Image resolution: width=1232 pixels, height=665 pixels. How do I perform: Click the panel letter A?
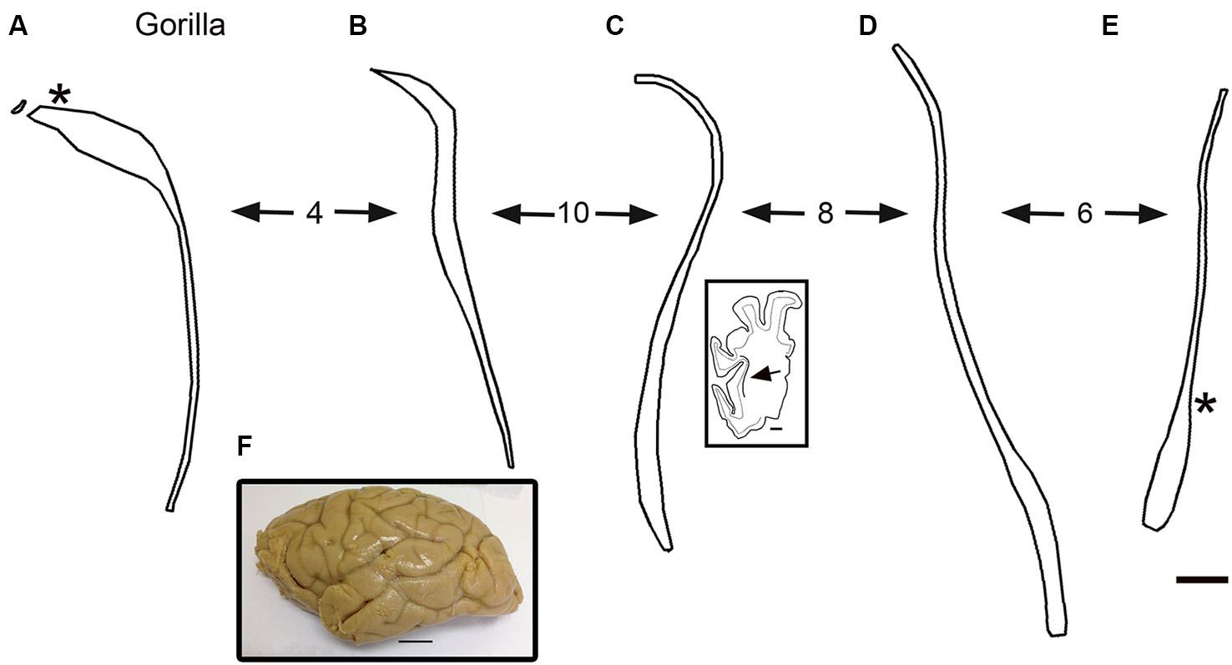pos(18,27)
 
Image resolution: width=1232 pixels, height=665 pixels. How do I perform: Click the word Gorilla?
pos(180,27)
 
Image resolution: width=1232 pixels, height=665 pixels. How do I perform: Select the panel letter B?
pos(358,27)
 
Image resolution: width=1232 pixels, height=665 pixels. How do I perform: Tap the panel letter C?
pos(614,27)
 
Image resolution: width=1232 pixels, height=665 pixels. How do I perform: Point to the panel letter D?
pos(868,27)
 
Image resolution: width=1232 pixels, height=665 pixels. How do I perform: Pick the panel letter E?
pos(1110,27)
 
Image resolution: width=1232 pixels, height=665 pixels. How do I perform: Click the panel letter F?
pos(244,448)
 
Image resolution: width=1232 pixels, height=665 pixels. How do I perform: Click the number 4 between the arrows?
pos(314,214)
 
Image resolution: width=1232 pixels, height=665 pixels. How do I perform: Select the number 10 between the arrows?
pos(574,214)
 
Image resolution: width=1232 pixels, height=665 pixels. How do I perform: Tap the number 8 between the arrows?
pos(825,214)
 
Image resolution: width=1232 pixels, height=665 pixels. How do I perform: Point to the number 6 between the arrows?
pos(1084,214)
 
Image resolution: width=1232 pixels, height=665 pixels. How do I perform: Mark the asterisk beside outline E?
pos(1204,407)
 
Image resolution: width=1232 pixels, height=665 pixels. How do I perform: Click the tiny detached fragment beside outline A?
pos(18,108)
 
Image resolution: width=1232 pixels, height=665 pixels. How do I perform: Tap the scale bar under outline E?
pos(1202,579)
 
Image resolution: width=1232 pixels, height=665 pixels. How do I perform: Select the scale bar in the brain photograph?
pos(416,641)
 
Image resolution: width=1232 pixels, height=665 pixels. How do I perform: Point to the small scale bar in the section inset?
pos(776,430)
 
